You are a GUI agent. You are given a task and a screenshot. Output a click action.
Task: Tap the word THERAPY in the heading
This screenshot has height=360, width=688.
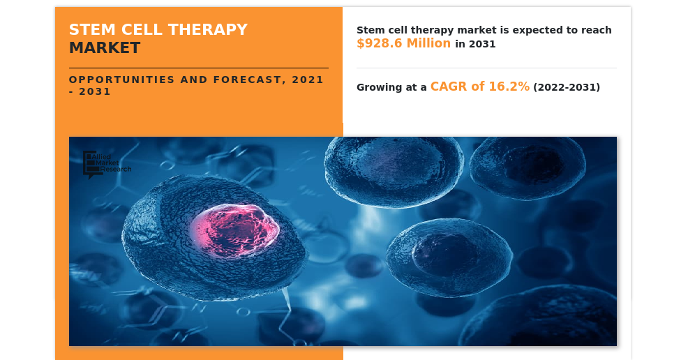(x=208, y=29)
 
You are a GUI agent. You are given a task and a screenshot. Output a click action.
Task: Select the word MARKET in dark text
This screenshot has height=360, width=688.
(x=105, y=48)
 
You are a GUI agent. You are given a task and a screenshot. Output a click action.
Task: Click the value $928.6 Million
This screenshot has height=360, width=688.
(x=404, y=43)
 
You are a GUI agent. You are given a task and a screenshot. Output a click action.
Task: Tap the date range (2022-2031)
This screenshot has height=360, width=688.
(x=567, y=87)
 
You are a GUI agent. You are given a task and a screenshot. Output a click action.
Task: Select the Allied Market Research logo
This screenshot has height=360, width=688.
(x=107, y=165)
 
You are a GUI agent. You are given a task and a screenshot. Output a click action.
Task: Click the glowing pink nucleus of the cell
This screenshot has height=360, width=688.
(x=234, y=230)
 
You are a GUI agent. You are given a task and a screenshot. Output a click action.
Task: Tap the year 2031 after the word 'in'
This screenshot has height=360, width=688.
(x=482, y=44)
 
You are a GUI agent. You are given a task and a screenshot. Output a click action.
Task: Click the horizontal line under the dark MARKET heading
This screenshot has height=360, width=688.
(x=199, y=68)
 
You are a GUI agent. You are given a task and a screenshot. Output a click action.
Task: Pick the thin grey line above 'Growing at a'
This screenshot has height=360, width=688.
(x=486, y=68)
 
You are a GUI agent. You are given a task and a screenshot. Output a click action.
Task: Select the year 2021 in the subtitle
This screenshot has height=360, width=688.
(x=308, y=80)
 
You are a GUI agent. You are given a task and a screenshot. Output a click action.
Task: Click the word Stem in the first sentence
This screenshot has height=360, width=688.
(x=368, y=30)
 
